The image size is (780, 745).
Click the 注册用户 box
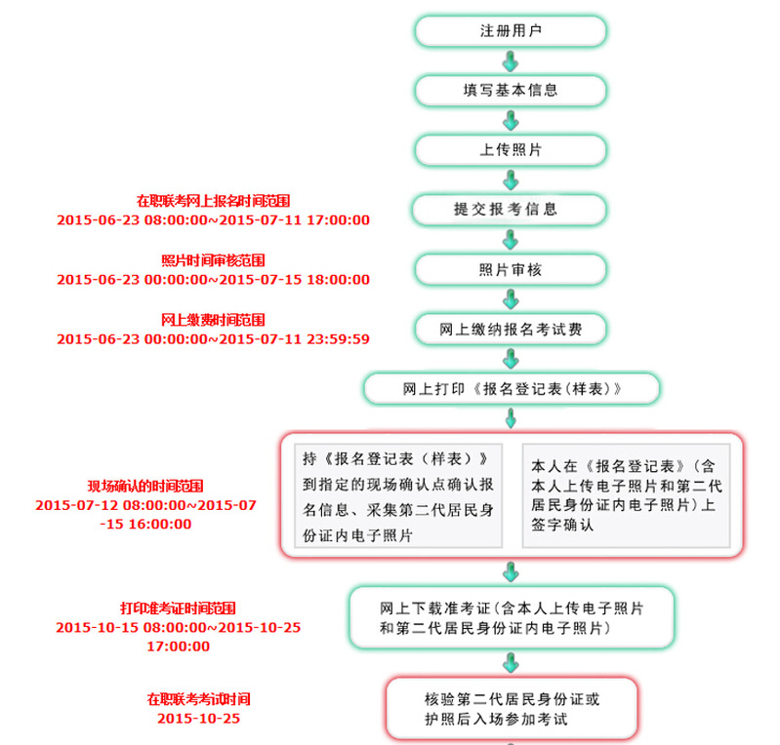pyautogui.click(x=511, y=31)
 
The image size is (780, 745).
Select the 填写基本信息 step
pyautogui.click(x=511, y=91)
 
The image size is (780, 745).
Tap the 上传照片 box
pyautogui.click(x=511, y=150)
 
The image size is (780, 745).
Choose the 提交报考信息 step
pyautogui.click(x=509, y=210)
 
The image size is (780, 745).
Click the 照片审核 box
pyautogui.click(x=511, y=269)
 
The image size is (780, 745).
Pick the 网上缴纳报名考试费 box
pyautogui.click(x=511, y=329)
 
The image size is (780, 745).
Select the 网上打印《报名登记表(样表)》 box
pyautogui.click(x=512, y=389)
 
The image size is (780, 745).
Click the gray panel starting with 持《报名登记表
pyautogui.click(x=398, y=496)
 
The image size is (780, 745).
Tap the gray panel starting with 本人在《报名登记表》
pyautogui.click(x=627, y=496)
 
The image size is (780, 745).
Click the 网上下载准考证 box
pyautogui.click(x=512, y=618)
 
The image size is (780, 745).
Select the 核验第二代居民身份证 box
pyautogui.click(x=512, y=709)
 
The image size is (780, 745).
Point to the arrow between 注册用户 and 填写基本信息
pyautogui.click(x=511, y=61)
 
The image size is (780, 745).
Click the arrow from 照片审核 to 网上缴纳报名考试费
pyautogui.click(x=511, y=299)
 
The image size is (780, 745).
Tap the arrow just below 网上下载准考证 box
pyautogui.click(x=511, y=663)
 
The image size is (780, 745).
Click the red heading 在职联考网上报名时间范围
pyautogui.click(x=213, y=201)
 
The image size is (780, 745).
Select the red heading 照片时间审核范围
pyautogui.click(x=213, y=260)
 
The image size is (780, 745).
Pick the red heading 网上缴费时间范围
pyautogui.click(x=213, y=320)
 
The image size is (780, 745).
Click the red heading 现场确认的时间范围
pyautogui.click(x=145, y=486)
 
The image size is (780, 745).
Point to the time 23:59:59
pyautogui.click(x=339, y=339)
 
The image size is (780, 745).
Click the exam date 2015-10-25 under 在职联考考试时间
pyautogui.click(x=198, y=719)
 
